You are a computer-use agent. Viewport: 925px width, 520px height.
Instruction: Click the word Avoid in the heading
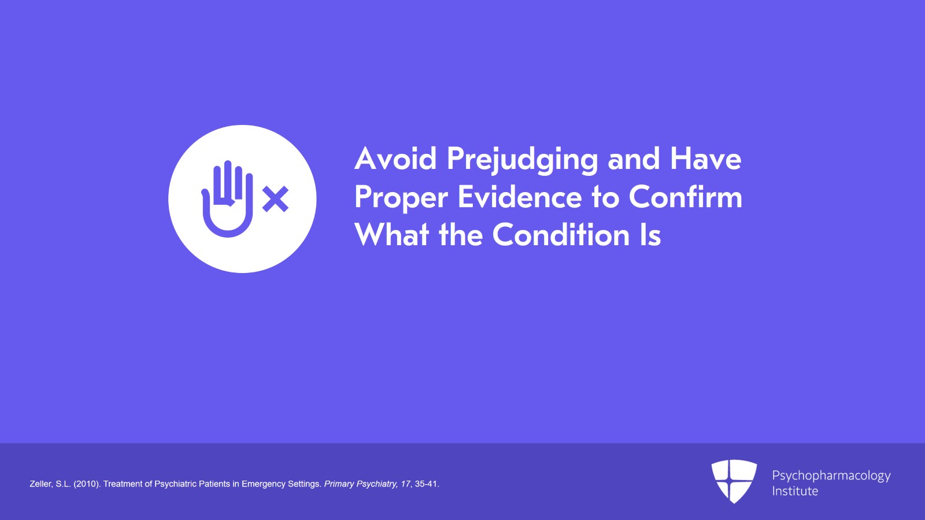coord(395,158)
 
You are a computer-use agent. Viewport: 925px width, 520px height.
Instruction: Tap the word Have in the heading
coord(706,158)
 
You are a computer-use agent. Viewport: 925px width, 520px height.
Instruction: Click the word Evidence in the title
coord(520,197)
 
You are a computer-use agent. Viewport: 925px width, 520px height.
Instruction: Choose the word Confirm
coord(686,197)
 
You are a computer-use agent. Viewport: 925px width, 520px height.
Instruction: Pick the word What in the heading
coord(391,235)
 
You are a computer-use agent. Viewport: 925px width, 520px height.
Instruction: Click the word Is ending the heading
coord(650,235)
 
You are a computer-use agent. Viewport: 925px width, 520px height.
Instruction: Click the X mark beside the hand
coord(275,199)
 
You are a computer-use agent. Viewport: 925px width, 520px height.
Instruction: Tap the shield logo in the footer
coord(734,481)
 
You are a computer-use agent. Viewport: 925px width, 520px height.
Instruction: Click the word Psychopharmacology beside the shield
coord(831,476)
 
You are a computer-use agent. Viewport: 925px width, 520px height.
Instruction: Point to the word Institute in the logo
coord(795,491)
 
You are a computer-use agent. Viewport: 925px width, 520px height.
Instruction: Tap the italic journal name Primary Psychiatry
coord(361,484)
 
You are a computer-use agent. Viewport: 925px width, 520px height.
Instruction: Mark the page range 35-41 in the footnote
coord(426,484)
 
